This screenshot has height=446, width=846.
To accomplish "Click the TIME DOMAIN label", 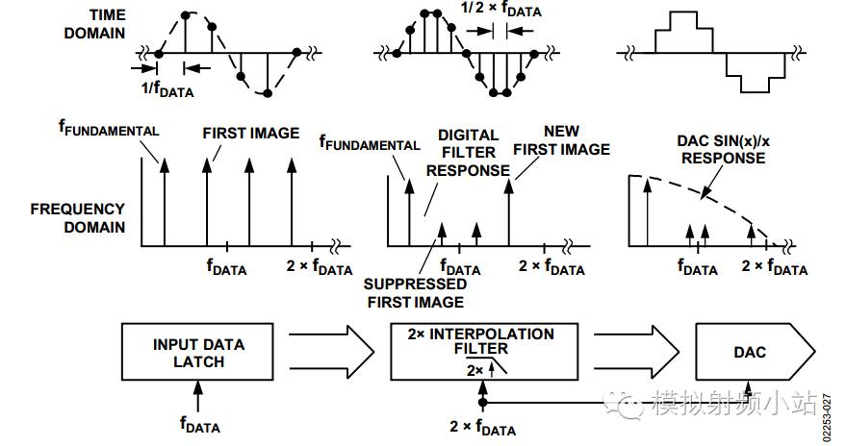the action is pos(95,24).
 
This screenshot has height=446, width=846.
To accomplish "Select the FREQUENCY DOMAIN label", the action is pos(78,218).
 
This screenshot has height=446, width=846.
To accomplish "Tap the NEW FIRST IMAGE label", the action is pos(562,140).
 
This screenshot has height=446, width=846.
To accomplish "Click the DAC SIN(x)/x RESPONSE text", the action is pos(724,150).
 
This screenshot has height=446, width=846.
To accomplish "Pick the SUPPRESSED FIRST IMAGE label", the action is pos(416,293).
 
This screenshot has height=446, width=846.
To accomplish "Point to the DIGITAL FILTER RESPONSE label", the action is pos(469,153).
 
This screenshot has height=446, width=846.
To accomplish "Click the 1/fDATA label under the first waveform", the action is pos(167,88).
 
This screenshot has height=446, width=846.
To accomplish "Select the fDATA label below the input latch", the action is pos(200,425).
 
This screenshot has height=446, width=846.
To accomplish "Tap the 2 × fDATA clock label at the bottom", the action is pos(483,427).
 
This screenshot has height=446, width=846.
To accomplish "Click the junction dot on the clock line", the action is pos(483,403).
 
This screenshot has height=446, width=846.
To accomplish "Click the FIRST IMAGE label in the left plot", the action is pos(251,133).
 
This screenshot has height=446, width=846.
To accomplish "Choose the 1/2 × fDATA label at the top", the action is pos(501,11).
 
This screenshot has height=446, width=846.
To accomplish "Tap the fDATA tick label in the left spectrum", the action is pos(226,267).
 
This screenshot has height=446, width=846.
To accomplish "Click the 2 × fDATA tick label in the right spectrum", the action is pos(775,267).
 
